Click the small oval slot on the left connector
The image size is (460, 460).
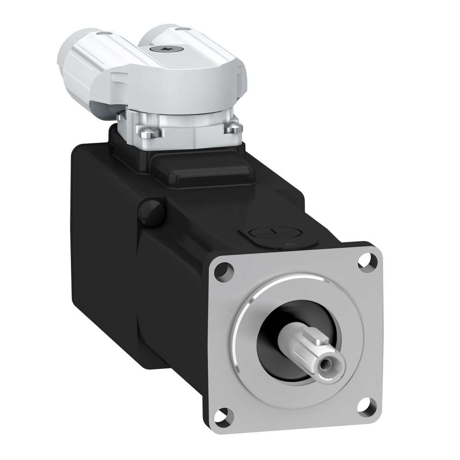[x=105, y=33]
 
